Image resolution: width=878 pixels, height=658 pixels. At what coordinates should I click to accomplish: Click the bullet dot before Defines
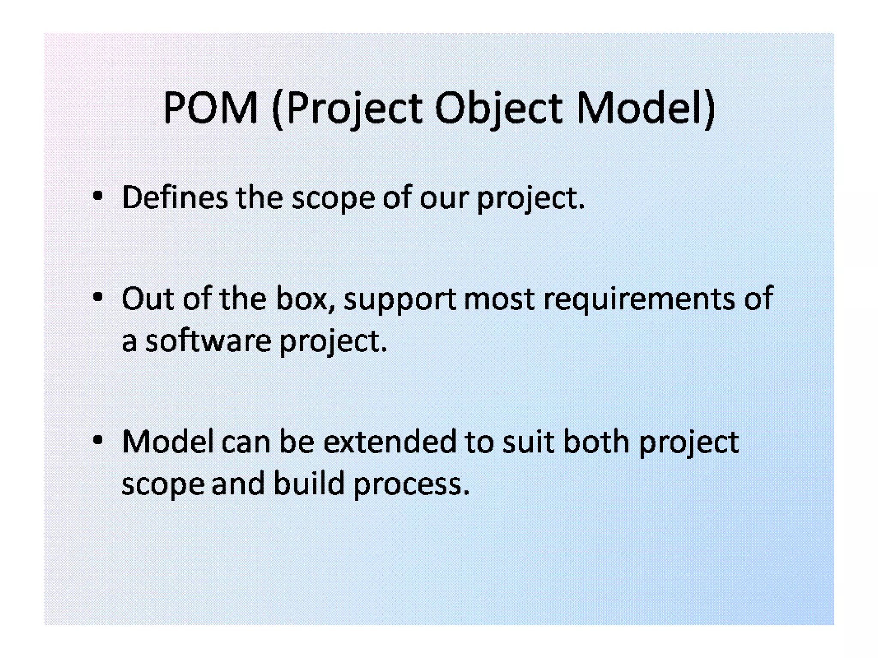[98, 197]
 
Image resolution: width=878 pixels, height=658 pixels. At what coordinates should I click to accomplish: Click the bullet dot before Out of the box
[98, 297]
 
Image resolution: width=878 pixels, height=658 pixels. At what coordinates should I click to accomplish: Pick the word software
[208, 341]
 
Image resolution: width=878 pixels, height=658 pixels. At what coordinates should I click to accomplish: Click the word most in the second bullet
[499, 299]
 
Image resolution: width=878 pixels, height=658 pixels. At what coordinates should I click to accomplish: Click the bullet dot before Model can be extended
[98, 440]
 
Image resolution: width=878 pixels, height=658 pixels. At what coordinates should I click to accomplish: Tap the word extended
[390, 442]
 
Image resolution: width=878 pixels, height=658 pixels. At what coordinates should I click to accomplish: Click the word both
[596, 442]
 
